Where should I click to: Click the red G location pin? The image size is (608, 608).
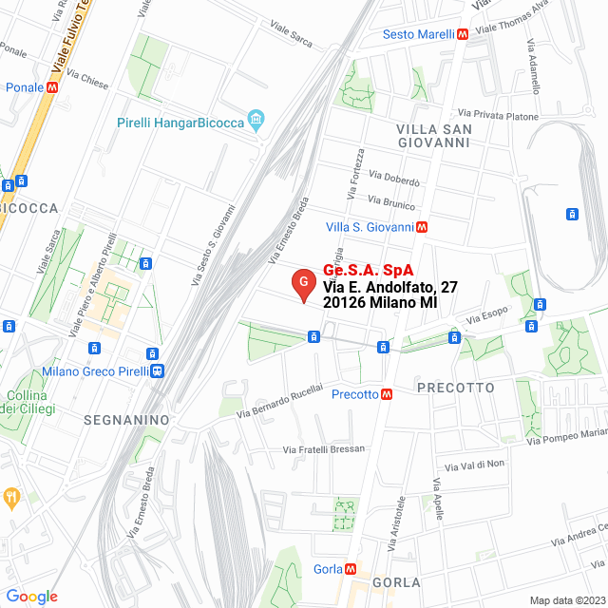[303, 282]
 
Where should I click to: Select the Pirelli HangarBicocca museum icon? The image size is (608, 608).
[256, 120]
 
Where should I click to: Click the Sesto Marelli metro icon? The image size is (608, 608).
[462, 34]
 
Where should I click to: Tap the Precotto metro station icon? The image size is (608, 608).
[387, 394]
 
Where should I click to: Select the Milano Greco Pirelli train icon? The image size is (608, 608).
[156, 371]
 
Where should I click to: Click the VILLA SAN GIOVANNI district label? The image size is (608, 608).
[433, 135]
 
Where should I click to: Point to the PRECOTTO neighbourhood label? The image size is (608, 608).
[456, 388]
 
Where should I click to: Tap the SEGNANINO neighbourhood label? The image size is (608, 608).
[126, 419]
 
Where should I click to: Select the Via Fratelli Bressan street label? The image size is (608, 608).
[324, 448]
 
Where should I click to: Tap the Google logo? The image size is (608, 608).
[31, 597]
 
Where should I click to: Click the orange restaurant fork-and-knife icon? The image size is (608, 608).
[11, 496]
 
